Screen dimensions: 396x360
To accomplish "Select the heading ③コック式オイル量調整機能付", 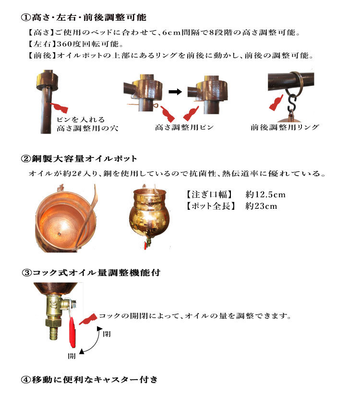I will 91,273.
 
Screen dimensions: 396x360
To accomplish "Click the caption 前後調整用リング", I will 285,127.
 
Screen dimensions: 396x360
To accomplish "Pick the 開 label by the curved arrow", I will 72,357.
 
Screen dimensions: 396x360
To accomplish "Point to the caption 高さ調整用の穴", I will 87,128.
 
